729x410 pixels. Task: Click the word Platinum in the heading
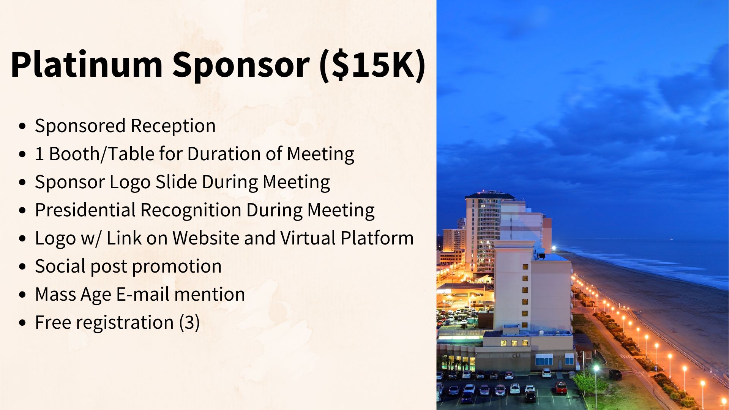tap(87, 65)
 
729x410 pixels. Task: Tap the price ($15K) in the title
tap(372, 65)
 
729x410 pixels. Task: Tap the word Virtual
tap(308, 238)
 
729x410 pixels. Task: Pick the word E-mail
tap(142, 294)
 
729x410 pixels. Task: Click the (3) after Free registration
tap(189, 322)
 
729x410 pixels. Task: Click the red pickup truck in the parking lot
tap(561, 387)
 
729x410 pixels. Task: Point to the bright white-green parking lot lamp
tap(596, 368)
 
